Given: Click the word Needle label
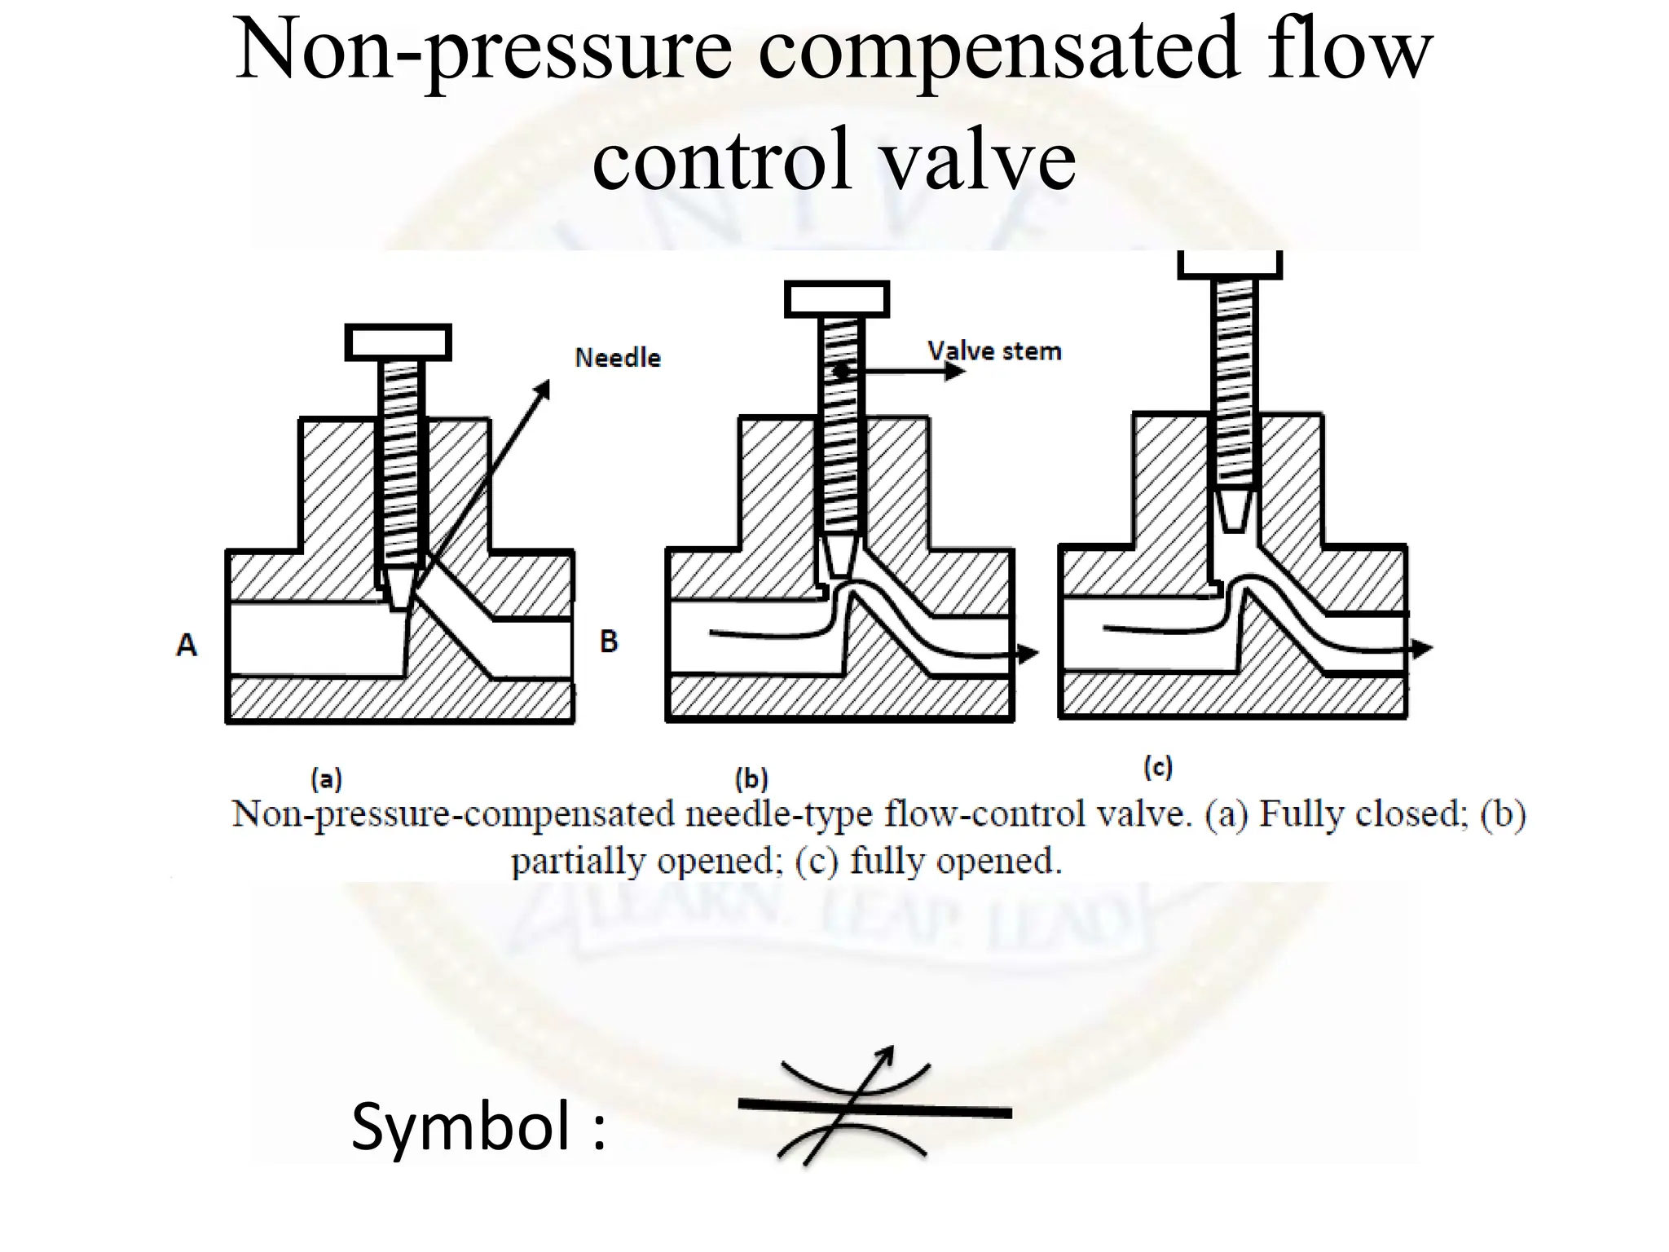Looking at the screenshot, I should point(618,357).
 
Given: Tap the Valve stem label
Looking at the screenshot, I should point(994,351).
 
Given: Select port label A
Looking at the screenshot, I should point(187,645).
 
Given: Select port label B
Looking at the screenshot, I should point(608,641).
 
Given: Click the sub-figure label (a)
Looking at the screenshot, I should point(326,779).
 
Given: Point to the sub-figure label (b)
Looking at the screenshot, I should point(751,779).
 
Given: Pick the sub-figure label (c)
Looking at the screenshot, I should point(1157,767).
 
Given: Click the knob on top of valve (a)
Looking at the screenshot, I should point(398,342).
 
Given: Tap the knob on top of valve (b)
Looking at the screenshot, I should point(837,299).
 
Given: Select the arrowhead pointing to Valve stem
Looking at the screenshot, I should point(954,372).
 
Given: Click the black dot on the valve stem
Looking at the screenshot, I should point(840,372).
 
